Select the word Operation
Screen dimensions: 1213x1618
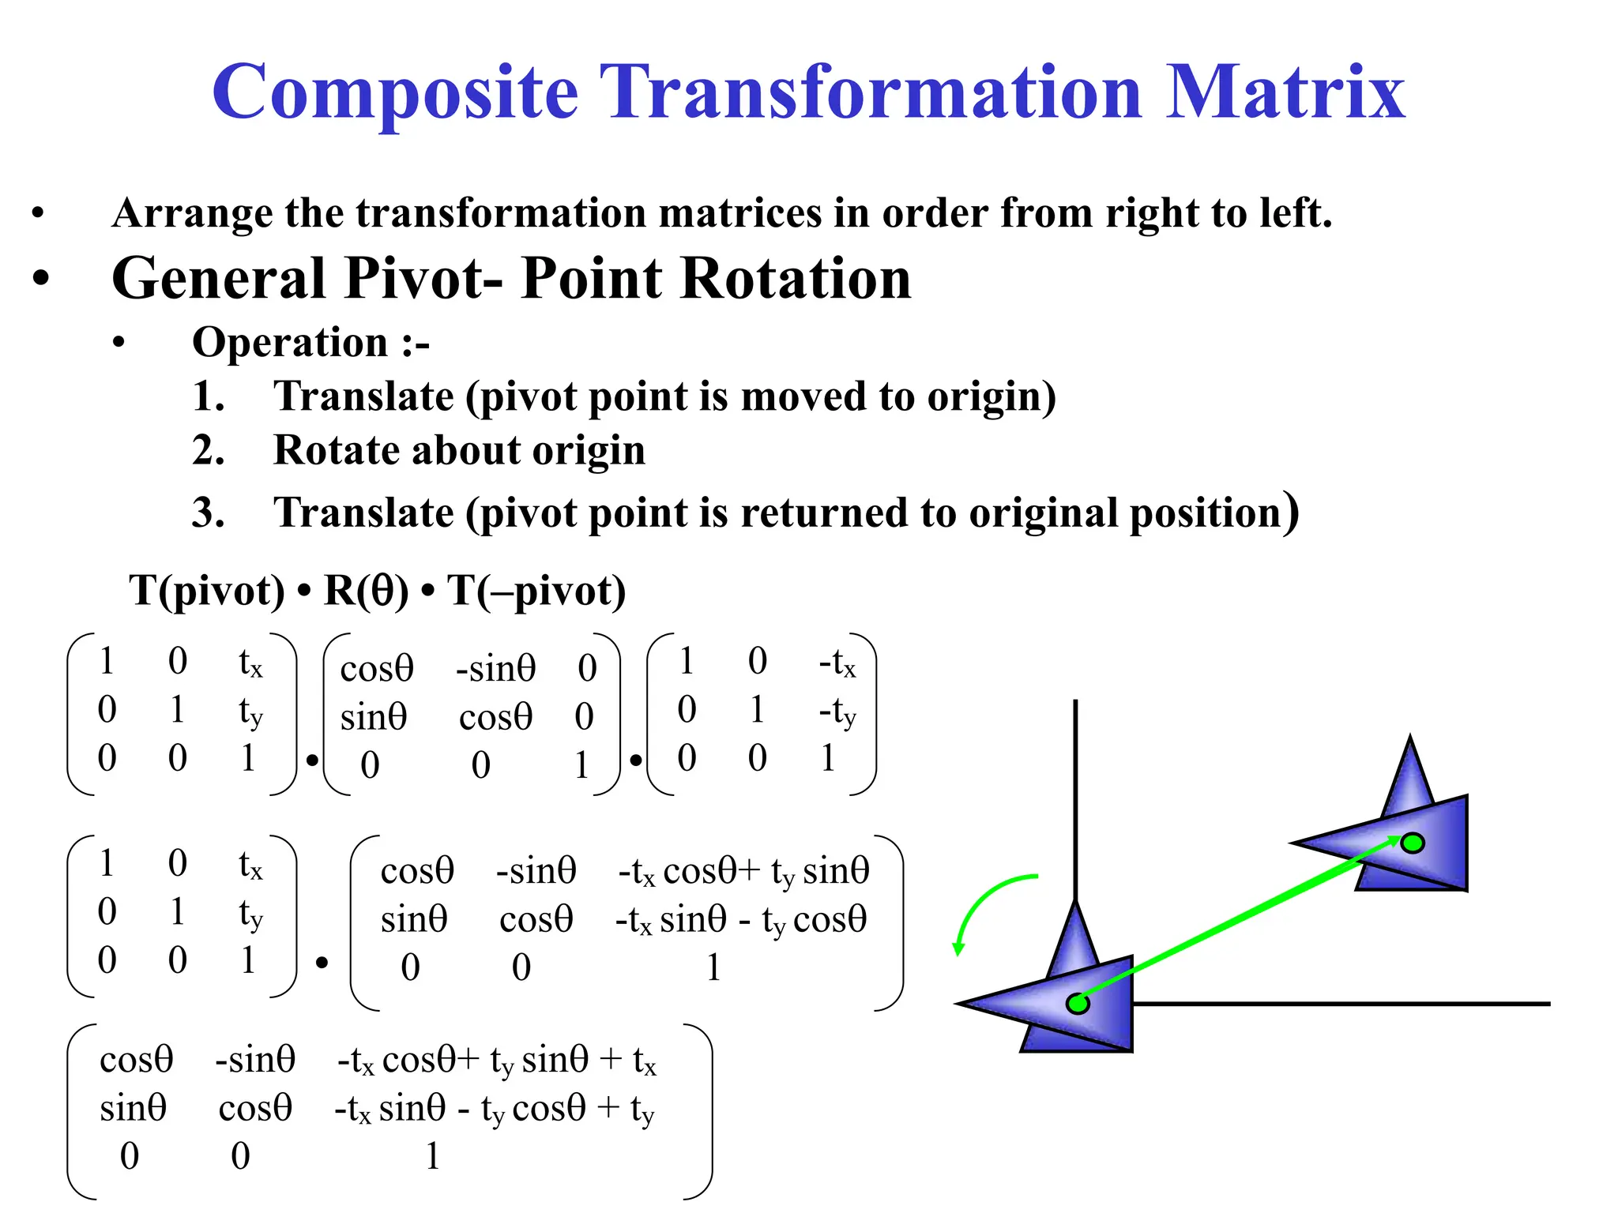click(290, 343)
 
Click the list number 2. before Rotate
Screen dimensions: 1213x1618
click(208, 451)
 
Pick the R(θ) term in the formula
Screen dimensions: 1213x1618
click(366, 591)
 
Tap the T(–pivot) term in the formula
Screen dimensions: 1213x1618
click(536, 591)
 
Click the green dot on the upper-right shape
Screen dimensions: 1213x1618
click(1413, 843)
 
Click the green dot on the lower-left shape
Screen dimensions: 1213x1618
click(1078, 1004)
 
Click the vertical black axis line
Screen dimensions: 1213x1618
click(1075, 790)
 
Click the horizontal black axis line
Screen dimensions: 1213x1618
click(1343, 1004)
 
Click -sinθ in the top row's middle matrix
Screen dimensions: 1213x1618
click(495, 669)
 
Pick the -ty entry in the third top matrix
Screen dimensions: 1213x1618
click(837, 712)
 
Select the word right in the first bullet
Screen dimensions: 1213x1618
click(1149, 213)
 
